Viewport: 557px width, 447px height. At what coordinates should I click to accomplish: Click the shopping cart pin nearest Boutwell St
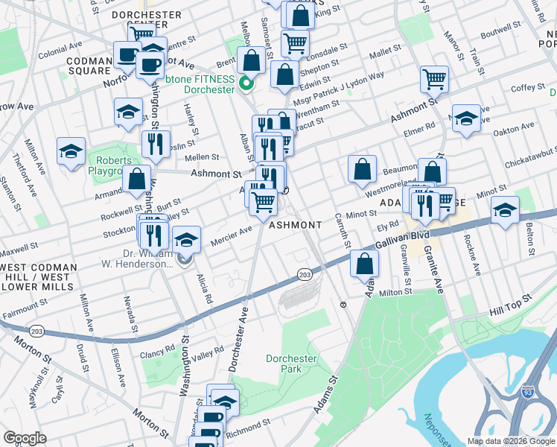pyautogui.click(x=434, y=79)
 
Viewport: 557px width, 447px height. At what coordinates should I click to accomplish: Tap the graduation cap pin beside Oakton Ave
pyautogui.click(x=466, y=118)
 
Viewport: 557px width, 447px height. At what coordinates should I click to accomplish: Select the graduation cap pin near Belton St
pyautogui.click(x=504, y=209)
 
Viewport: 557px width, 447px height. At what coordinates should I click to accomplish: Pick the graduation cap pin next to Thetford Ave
pyautogui.click(x=71, y=151)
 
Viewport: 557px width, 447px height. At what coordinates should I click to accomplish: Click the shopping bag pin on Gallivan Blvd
pyautogui.click(x=364, y=264)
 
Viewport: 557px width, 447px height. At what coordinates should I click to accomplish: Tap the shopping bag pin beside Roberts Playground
pyautogui.click(x=136, y=179)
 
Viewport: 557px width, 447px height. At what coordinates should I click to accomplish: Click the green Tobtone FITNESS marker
pyautogui.click(x=242, y=84)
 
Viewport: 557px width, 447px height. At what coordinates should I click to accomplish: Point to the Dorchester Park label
pyautogui.click(x=291, y=364)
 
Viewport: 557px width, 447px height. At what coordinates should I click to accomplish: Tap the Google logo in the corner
pyautogui.click(x=25, y=437)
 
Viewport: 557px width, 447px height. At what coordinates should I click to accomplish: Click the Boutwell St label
pyautogui.click(x=501, y=34)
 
